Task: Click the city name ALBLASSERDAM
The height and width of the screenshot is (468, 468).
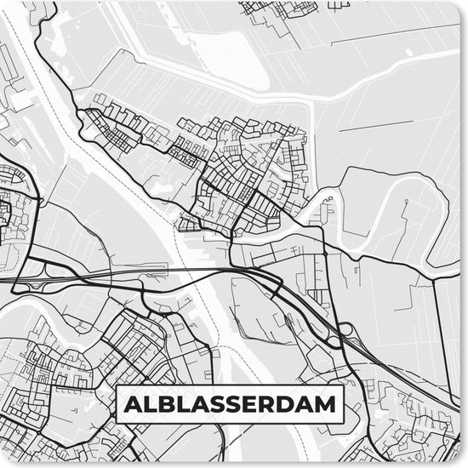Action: click(x=229, y=403)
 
